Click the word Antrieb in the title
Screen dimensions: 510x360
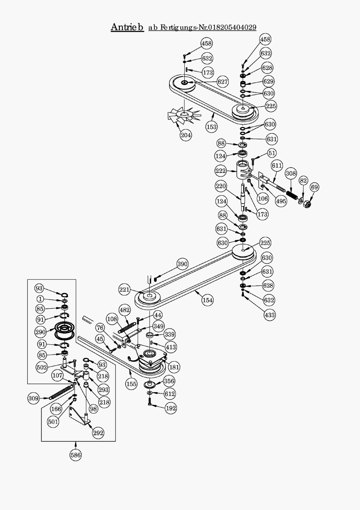pyautogui.click(x=127, y=27)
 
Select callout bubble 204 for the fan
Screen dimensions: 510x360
pyautogui.click(x=186, y=135)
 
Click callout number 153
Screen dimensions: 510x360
pyautogui.click(x=211, y=127)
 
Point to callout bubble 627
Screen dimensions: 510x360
pyautogui.click(x=223, y=82)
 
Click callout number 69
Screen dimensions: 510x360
pyautogui.click(x=314, y=187)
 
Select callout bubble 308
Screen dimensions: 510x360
pyautogui.click(x=291, y=174)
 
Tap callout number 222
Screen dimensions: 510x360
pyautogui.click(x=221, y=171)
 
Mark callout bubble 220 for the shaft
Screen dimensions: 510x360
pyautogui.click(x=221, y=186)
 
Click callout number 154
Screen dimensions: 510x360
pyautogui.click(x=207, y=300)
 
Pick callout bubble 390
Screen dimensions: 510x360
pyautogui.click(x=182, y=264)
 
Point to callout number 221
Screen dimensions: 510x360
pyautogui.click(x=124, y=290)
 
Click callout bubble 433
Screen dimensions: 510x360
pyautogui.click(x=270, y=315)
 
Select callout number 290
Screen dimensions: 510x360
pyautogui.click(x=40, y=332)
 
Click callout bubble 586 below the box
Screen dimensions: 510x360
pyautogui.click(x=76, y=455)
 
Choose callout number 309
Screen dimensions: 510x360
pyautogui.click(x=33, y=398)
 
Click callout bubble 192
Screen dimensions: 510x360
pyautogui.click(x=171, y=408)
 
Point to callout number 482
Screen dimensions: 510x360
pyautogui.click(x=124, y=310)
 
